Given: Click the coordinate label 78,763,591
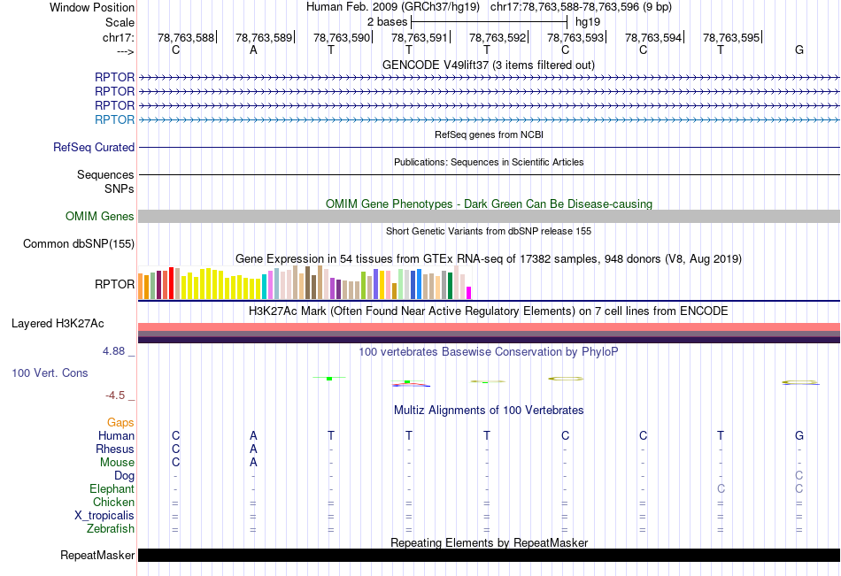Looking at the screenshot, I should point(419,37).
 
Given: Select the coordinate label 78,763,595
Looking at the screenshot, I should point(730,37).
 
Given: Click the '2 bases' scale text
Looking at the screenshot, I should point(387,21).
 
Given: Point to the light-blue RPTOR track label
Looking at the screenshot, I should point(114,119).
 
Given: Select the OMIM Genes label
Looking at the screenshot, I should point(100,217).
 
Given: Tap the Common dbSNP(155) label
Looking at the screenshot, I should point(79,244).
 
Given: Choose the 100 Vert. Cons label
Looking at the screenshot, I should point(50,373).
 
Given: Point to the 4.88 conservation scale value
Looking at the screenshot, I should point(118,351).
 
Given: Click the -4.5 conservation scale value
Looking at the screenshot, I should point(120,396).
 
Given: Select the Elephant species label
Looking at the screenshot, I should point(112,489).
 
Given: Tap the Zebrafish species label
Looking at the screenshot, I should point(112,529).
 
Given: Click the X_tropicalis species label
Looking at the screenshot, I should point(104,516).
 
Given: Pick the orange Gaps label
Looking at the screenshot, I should point(120,423).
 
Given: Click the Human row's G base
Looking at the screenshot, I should point(799,435).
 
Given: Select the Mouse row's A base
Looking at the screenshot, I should point(253,462).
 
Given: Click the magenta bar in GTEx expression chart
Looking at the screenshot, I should point(469,292).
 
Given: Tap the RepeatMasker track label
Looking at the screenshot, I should point(97,556).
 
